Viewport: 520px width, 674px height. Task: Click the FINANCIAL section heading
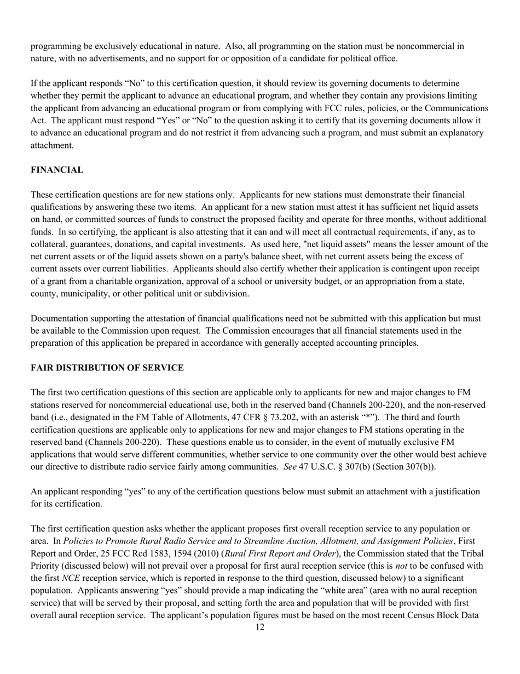pyautogui.click(x=57, y=170)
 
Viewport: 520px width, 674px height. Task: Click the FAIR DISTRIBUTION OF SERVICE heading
pyautogui.click(x=107, y=368)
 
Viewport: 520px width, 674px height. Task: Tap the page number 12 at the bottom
pyautogui.click(x=259, y=627)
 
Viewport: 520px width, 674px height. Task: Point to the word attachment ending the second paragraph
pyautogui.click(x=51, y=145)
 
